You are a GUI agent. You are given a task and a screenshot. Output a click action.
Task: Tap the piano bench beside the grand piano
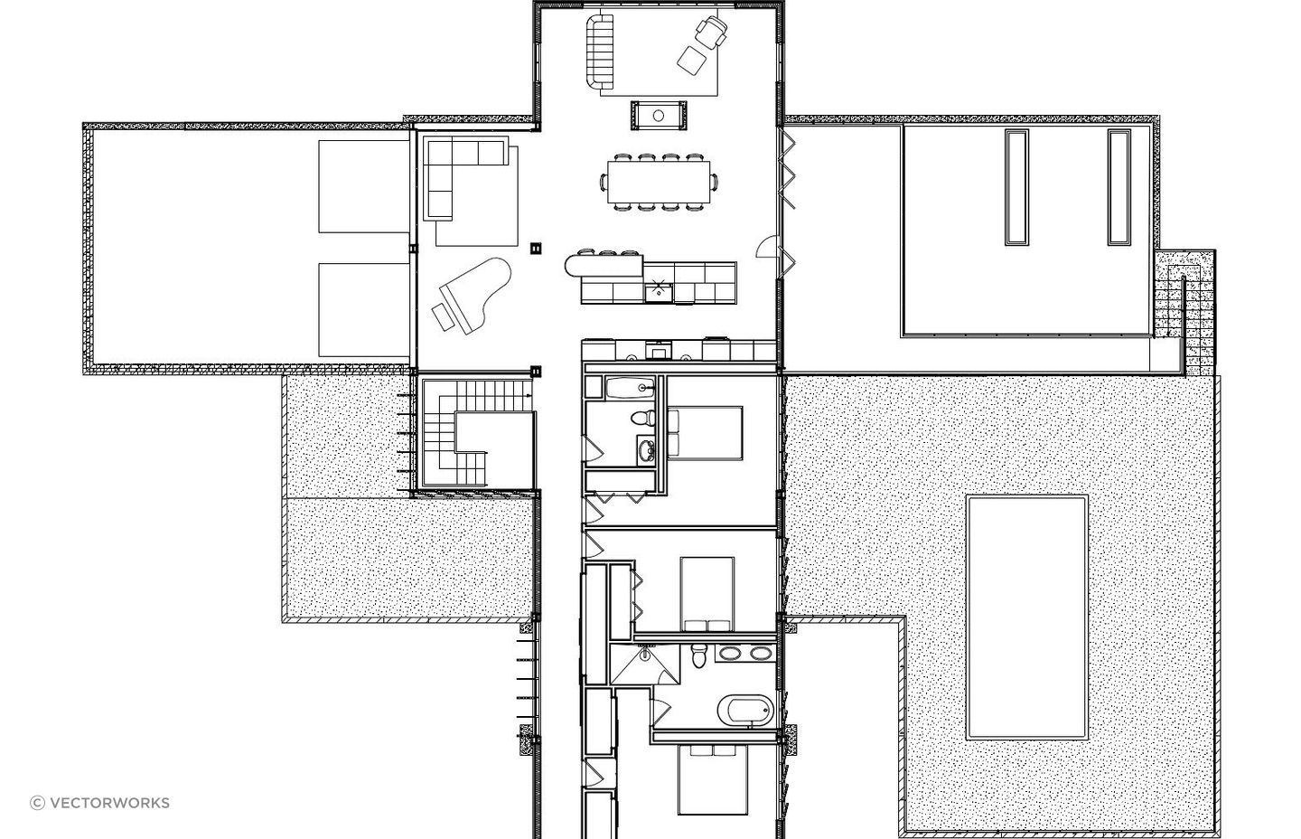click(443, 316)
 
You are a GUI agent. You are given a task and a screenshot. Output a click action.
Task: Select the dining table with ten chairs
click(658, 182)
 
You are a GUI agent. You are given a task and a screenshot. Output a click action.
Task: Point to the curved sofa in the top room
click(598, 52)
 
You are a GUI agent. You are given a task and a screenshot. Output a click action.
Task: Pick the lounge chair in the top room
click(712, 32)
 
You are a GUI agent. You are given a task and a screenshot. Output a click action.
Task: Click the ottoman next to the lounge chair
click(691, 61)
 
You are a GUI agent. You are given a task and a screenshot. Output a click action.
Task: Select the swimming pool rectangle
click(1027, 617)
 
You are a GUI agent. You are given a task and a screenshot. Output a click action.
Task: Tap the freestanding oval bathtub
click(745, 710)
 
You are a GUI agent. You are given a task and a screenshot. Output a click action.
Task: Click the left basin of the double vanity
click(728, 653)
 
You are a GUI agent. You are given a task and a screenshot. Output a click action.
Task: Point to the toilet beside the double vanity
click(698, 655)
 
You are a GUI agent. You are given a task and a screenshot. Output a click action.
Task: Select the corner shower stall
click(645, 665)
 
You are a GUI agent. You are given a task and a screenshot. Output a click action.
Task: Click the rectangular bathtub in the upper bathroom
click(631, 387)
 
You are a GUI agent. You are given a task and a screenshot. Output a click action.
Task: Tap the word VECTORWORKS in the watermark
click(110, 803)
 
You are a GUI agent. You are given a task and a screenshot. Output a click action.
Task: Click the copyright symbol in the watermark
click(37, 803)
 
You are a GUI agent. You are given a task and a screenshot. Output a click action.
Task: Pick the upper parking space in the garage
click(364, 186)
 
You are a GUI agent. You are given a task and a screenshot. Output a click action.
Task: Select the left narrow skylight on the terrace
click(1016, 186)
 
